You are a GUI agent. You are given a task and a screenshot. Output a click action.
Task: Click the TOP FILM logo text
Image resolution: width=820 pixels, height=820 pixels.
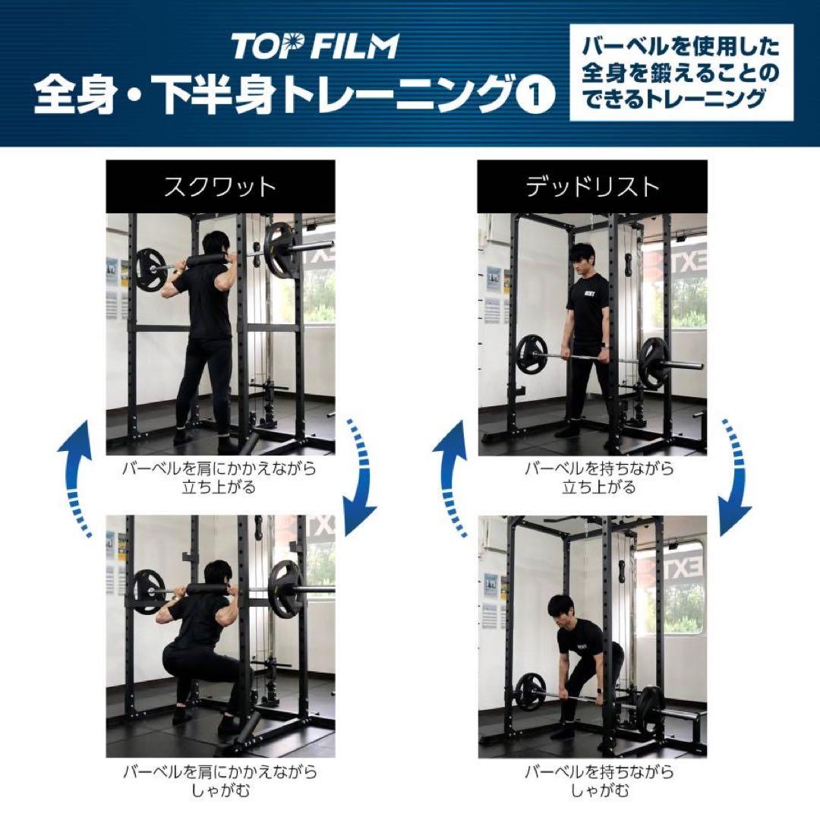click(x=314, y=46)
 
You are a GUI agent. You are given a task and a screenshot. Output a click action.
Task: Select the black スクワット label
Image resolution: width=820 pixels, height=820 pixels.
click(x=220, y=187)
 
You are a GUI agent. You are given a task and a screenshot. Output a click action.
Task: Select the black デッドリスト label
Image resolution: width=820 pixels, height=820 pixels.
click(x=592, y=187)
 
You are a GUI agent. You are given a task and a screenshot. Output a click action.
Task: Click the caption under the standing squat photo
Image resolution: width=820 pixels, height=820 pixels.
click(x=219, y=478)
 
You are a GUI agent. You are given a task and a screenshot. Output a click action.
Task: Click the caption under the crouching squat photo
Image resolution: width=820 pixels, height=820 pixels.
click(x=219, y=781)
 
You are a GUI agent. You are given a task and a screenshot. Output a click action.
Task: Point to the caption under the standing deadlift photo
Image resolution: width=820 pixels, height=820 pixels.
click(x=591, y=478)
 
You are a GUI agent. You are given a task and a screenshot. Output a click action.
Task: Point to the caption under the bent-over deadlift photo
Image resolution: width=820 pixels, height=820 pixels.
click(x=591, y=781)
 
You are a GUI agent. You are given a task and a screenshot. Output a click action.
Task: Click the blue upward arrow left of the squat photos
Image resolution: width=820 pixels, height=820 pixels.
click(x=76, y=478)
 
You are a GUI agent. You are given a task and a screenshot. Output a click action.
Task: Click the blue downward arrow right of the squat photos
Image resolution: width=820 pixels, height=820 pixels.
click(x=360, y=478)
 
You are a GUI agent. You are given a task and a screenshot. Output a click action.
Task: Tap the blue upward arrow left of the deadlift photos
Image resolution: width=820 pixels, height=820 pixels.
click(x=452, y=478)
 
